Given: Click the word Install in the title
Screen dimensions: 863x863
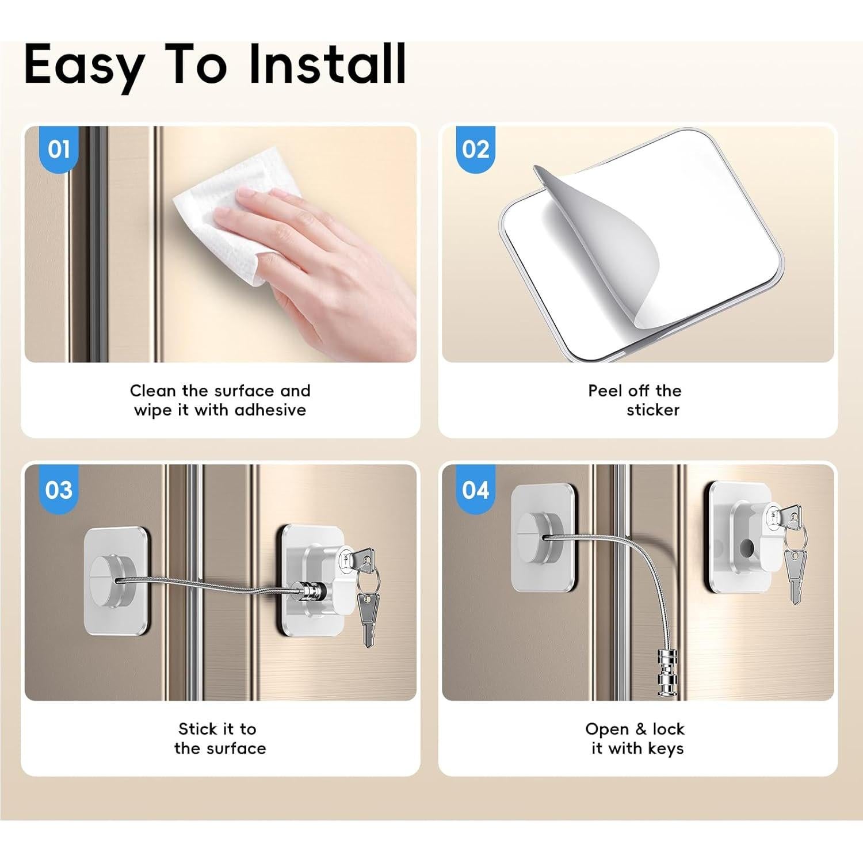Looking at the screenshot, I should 327,64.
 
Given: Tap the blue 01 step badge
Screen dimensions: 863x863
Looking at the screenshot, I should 59,149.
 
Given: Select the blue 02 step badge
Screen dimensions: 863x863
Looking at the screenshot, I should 475,149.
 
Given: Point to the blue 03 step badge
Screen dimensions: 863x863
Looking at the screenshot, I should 59,490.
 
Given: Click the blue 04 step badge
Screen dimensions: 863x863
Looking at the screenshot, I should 475,490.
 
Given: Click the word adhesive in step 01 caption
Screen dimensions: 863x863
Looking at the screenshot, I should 270,410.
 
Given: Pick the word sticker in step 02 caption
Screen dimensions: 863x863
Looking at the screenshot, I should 653,410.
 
